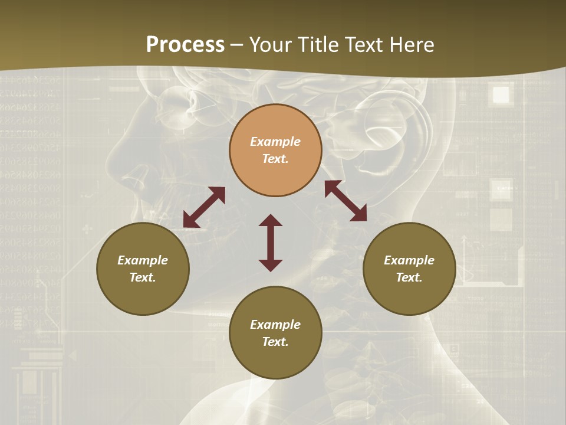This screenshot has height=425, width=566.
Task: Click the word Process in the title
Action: (x=185, y=45)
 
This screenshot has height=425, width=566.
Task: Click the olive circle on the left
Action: (x=143, y=269)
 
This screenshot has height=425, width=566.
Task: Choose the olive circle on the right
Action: (x=409, y=269)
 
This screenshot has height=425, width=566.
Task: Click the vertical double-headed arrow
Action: (x=271, y=243)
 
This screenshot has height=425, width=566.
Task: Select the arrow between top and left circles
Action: (x=204, y=207)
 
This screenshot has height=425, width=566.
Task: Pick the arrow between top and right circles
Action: (x=345, y=201)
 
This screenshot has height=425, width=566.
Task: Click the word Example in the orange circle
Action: (x=275, y=142)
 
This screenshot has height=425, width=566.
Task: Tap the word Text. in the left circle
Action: (x=143, y=277)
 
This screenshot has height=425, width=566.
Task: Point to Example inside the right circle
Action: (x=409, y=260)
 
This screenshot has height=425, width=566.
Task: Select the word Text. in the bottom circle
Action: (x=275, y=342)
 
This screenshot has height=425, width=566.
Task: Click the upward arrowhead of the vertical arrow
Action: (x=271, y=220)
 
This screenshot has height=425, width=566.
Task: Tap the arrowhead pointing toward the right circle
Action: (x=359, y=214)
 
